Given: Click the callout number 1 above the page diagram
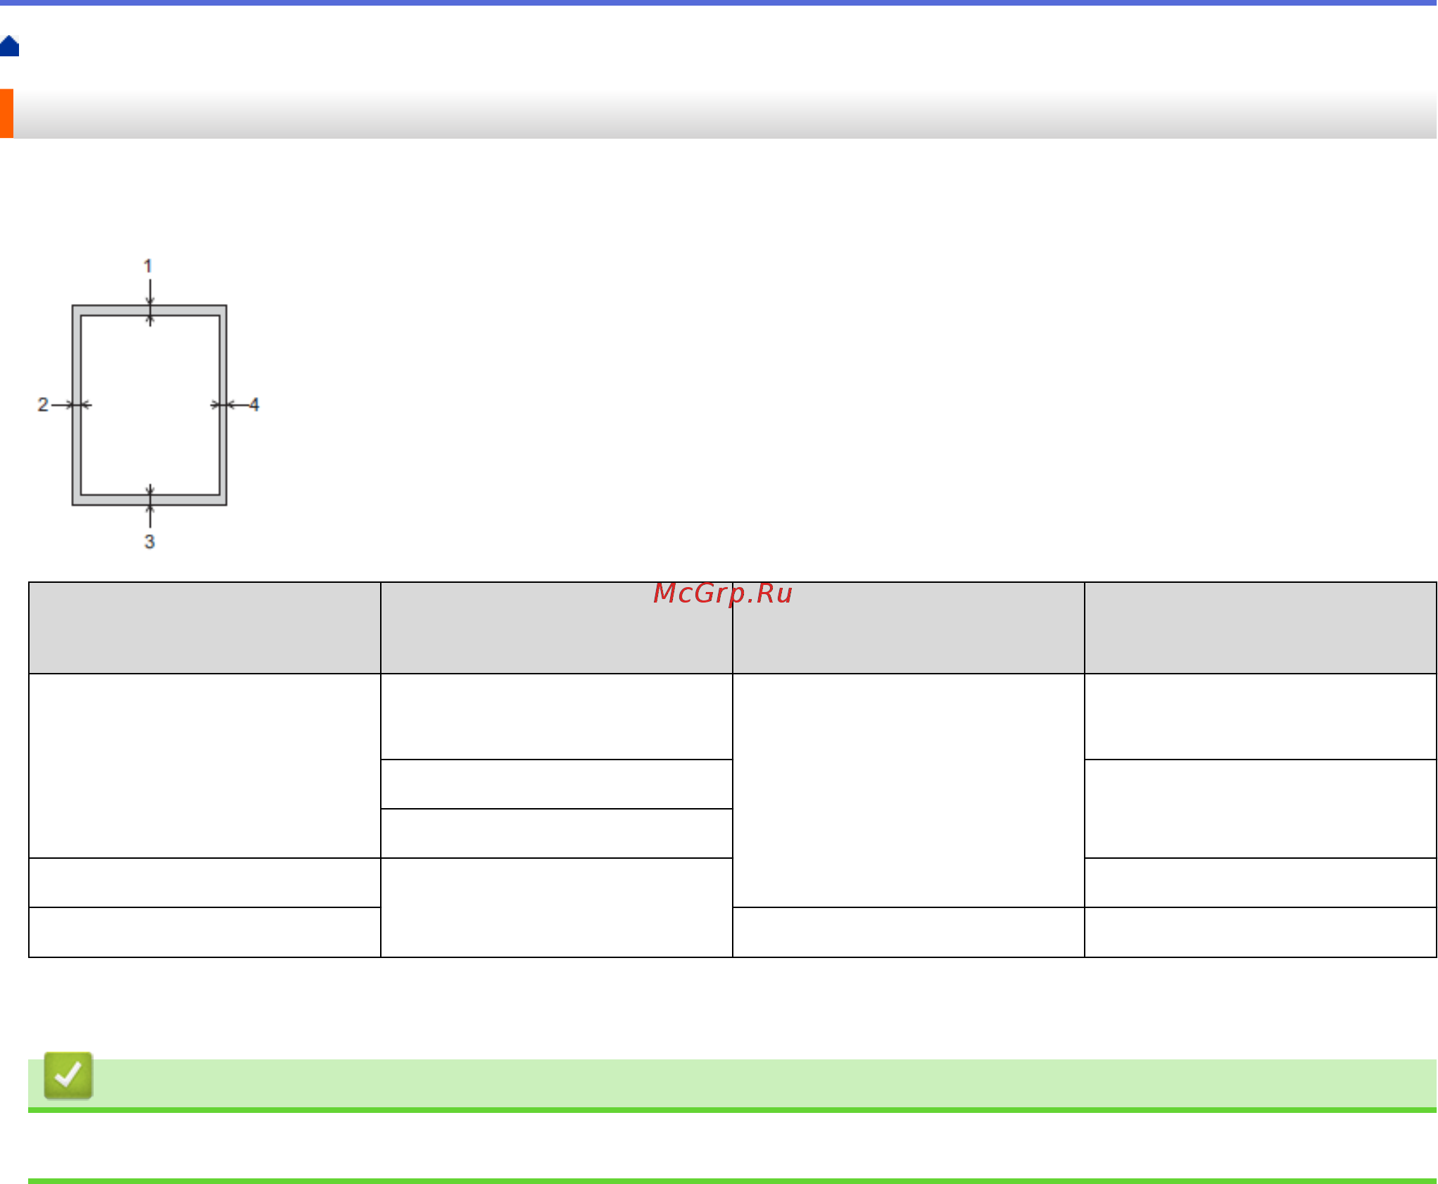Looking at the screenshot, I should (x=148, y=266).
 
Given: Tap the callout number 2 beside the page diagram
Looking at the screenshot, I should (x=43, y=405).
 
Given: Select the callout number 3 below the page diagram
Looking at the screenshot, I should (x=149, y=541).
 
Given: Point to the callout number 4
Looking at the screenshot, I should (x=254, y=405).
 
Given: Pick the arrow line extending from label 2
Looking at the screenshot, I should (x=61, y=405).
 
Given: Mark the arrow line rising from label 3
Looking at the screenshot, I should (x=150, y=517).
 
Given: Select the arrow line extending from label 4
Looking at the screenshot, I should (x=239, y=405).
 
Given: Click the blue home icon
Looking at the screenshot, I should (x=10, y=46).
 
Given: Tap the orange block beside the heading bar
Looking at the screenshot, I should (x=6, y=113).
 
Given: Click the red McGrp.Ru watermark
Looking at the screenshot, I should (x=723, y=593).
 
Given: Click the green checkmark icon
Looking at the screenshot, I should (x=68, y=1075).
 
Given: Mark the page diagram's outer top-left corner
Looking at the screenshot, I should (x=73, y=306).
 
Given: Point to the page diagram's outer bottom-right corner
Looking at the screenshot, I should (x=225, y=504).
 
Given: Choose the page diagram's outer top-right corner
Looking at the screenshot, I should (x=225, y=306).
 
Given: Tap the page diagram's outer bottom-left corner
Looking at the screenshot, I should (x=73, y=504).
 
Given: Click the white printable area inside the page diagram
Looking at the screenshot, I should (x=150, y=405).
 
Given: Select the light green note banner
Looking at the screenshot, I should (x=760, y=1083).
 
